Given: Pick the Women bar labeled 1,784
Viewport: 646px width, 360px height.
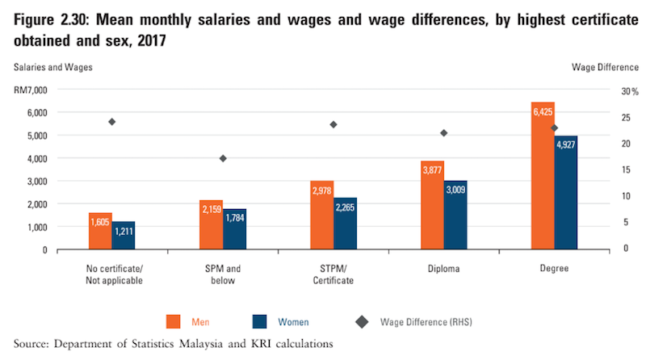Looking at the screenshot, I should (x=234, y=228).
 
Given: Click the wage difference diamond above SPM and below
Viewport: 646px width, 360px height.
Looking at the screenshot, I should (x=223, y=158).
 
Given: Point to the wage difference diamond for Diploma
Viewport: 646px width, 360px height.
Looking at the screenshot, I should (x=443, y=133).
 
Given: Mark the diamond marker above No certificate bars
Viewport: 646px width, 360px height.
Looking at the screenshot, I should (x=112, y=122).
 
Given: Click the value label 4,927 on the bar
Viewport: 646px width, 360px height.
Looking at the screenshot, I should (x=565, y=145).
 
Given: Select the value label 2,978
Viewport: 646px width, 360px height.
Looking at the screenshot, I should (x=321, y=190).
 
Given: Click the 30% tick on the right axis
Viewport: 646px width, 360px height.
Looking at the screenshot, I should (x=606, y=91).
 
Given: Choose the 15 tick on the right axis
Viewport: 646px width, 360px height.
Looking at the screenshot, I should (x=601, y=170).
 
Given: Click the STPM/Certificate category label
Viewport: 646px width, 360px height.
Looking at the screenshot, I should (x=333, y=274).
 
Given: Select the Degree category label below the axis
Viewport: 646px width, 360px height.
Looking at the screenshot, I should (x=554, y=269).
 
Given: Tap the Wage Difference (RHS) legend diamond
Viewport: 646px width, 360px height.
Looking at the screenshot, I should (x=363, y=322).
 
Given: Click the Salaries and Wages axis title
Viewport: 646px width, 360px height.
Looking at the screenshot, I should (x=52, y=67).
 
